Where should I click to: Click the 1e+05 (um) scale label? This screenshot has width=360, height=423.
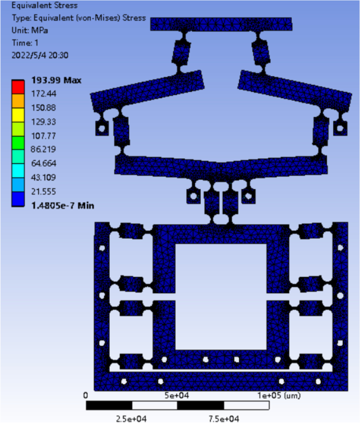(x=279, y=395)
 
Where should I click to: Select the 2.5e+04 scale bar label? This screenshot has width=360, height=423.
(x=131, y=418)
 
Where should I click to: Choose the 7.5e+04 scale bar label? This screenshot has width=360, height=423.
(x=224, y=418)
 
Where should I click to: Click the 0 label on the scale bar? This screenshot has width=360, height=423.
(x=86, y=395)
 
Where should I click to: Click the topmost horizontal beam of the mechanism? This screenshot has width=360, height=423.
(x=221, y=24)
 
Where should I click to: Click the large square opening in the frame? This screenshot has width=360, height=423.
(x=221, y=297)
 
